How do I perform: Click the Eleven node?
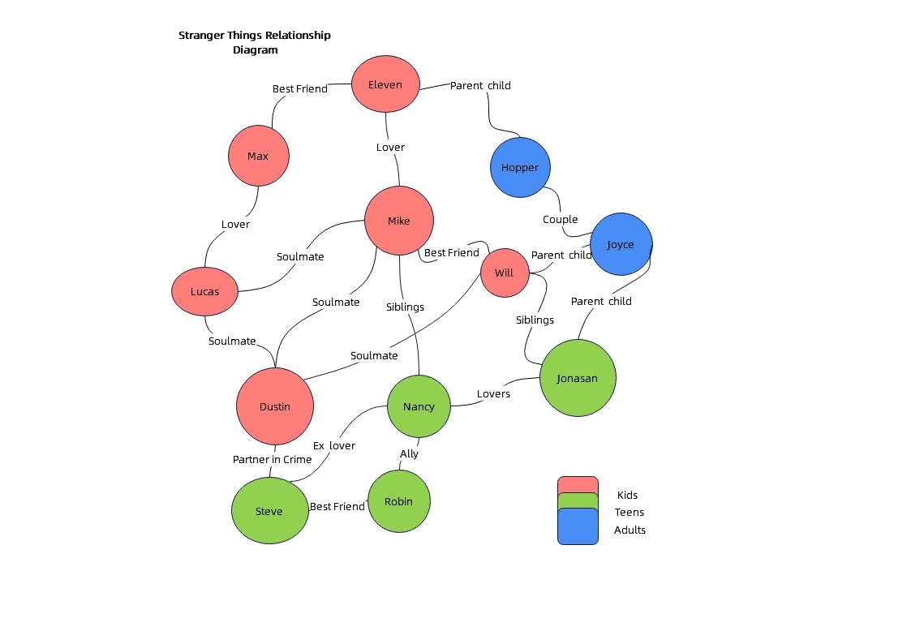[x=385, y=84]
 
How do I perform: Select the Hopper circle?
[x=520, y=167]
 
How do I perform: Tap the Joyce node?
[x=621, y=244]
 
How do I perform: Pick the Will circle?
[x=504, y=273]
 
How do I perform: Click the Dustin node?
[x=274, y=406]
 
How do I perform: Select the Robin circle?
[x=398, y=501]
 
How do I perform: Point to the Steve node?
[x=269, y=511]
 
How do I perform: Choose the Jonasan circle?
[x=578, y=378]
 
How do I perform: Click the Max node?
[x=258, y=156]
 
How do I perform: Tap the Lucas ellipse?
[x=204, y=291]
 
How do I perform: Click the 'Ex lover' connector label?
[x=334, y=445]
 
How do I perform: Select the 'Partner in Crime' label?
[x=272, y=459]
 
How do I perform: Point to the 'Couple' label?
[x=560, y=219]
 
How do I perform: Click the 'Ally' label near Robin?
[x=409, y=453]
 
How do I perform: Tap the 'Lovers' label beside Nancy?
[x=493, y=393]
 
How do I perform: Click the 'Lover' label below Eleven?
[x=390, y=147]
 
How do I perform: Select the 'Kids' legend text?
[x=627, y=495]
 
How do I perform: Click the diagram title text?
[x=255, y=42]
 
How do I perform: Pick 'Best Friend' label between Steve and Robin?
[x=337, y=506]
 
